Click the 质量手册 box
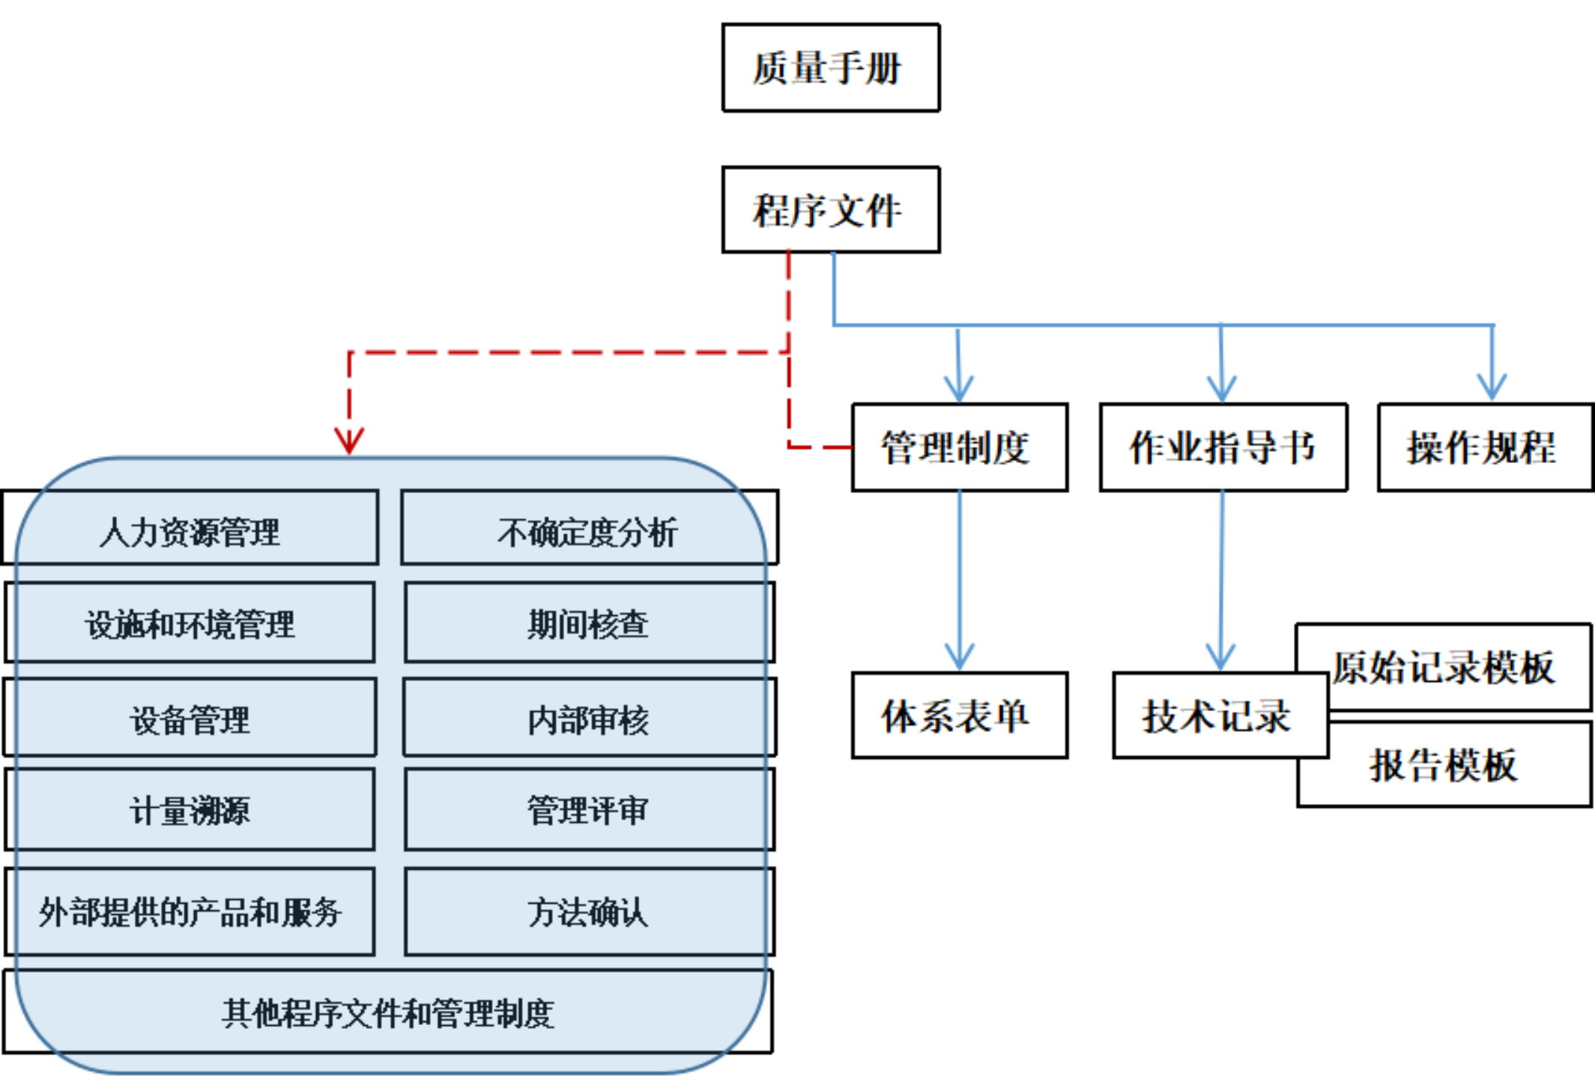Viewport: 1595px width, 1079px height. tap(830, 67)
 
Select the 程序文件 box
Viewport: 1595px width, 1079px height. tap(830, 210)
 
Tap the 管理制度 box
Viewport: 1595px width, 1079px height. tap(959, 447)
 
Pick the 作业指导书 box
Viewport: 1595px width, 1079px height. tap(1223, 447)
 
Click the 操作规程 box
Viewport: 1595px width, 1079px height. tap(1485, 447)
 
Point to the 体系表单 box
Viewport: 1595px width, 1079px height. tap(959, 716)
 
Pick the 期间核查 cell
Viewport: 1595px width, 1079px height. tap(589, 623)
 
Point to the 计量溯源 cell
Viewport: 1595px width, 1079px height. tap(190, 810)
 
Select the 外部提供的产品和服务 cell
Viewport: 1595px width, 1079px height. tap(190, 911)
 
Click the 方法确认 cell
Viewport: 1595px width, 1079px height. tap(589, 911)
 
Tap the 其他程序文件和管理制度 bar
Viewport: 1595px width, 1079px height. tap(388, 1012)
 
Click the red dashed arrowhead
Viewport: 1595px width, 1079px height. tap(349, 441)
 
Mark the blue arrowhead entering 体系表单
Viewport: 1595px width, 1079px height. tap(960, 656)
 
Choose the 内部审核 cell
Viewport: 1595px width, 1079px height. tap(589, 719)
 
